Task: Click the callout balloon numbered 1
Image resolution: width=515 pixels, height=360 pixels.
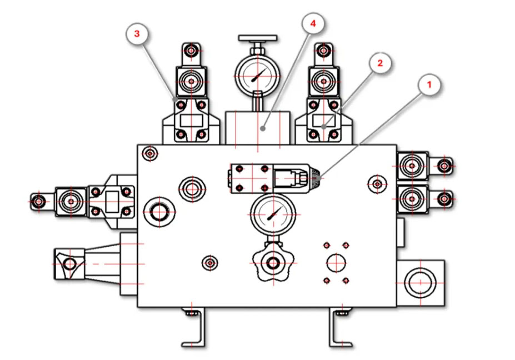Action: click(429, 85)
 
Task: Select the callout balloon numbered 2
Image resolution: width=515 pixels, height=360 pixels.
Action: click(380, 63)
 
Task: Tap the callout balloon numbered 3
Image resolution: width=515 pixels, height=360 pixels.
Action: click(137, 33)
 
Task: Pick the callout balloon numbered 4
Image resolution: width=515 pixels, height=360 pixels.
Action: click(313, 23)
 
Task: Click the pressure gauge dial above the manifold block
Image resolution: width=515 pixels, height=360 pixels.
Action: click(258, 76)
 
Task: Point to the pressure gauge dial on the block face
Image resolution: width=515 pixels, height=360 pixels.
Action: click(273, 215)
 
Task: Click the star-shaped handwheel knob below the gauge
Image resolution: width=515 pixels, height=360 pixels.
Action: click(273, 263)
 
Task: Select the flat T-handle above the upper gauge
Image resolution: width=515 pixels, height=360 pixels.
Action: click(258, 38)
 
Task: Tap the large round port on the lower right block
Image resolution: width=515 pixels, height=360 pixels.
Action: click(421, 282)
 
